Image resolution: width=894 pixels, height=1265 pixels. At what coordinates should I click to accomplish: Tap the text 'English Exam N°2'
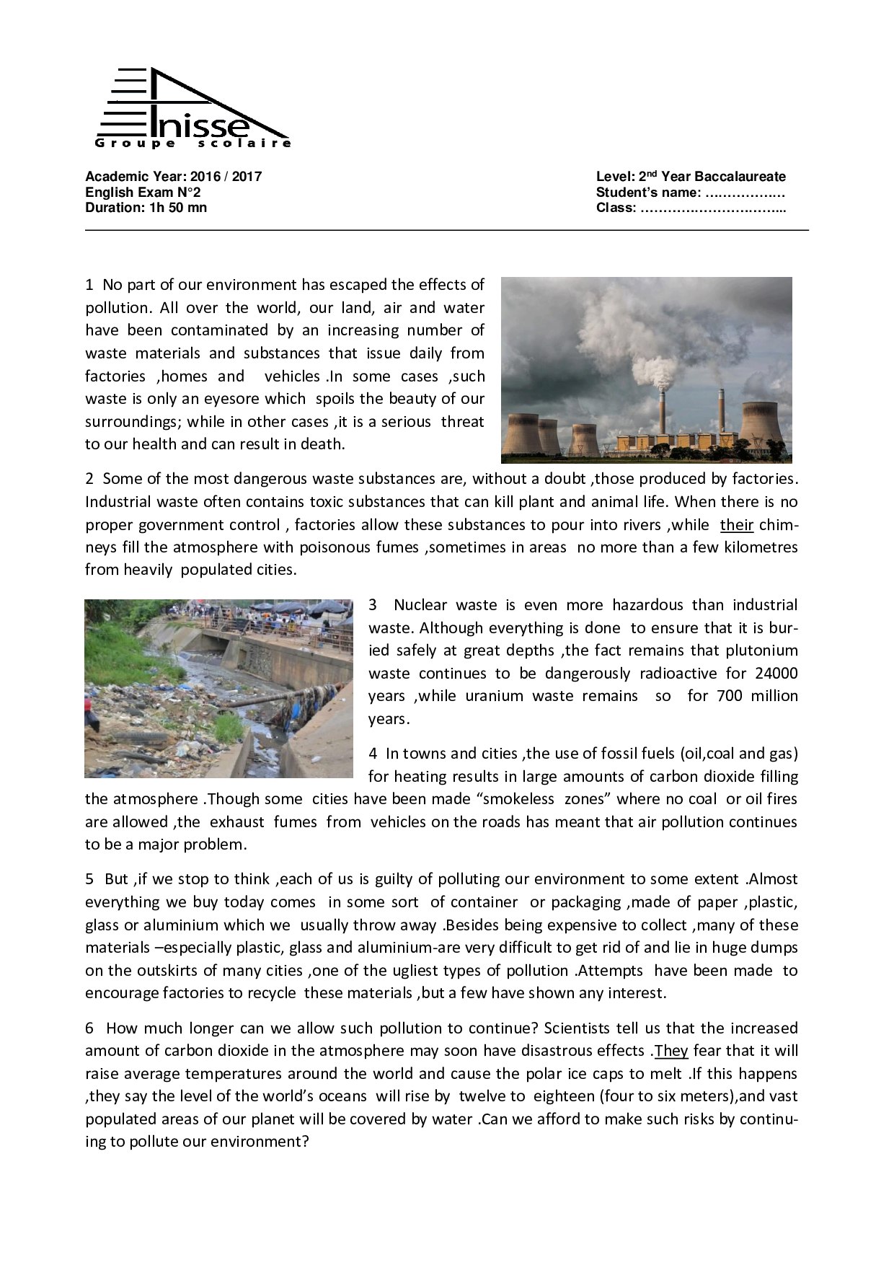click(x=143, y=193)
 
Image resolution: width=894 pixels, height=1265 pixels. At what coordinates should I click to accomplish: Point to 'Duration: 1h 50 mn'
click(x=146, y=208)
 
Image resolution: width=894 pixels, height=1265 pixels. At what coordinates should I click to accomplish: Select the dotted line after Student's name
click(x=745, y=193)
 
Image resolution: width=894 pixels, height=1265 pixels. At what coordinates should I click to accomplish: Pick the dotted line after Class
click(x=712, y=208)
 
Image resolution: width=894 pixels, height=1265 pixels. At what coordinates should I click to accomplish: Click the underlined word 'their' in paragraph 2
click(x=736, y=525)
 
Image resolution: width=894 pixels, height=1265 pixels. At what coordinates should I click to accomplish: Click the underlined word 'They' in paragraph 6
click(x=670, y=1051)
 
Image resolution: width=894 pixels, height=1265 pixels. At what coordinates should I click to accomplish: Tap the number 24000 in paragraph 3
click(x=776, y=674)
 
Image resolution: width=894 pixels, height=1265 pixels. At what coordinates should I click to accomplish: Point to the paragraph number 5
click(x=89, y=879)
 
